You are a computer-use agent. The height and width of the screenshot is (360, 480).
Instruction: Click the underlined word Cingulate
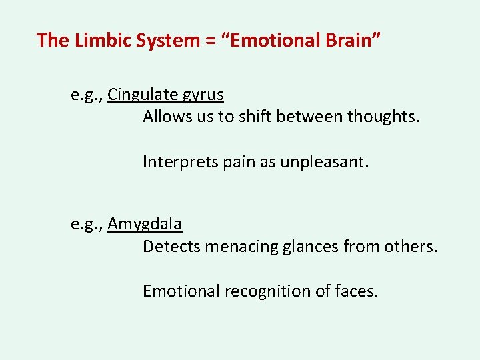(139, 95)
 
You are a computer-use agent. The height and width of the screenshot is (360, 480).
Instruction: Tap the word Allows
(165, 117)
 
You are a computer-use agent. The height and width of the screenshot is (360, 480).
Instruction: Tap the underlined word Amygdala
(145, 225)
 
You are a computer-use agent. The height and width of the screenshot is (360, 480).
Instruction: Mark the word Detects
(171, 247)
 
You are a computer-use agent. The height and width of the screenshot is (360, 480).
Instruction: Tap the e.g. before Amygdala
(87, 225)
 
